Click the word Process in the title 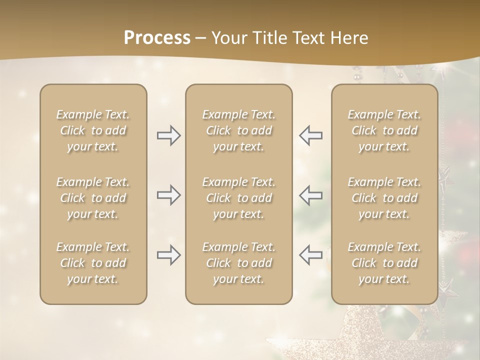click(x=157, y=38)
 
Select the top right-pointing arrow click(x=168, y=135)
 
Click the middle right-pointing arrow click(x=168, y=195)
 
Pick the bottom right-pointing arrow click(x=168, y=255)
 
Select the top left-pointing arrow click(x=310, y=135)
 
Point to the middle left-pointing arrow click(x=310, y=195)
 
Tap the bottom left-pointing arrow click(x=310, y=255)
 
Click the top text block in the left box click(x=93, y=130)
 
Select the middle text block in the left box click(x=93, y=198)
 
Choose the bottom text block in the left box click(x=93, y=263)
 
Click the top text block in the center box click(x=238, y=130)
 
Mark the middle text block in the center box click(x=238, y=198)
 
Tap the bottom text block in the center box click(x=238, y=263)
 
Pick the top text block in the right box click(x=384, y=130)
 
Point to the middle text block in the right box click(x=384, y=198)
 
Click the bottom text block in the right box click(x=384, y=263)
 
